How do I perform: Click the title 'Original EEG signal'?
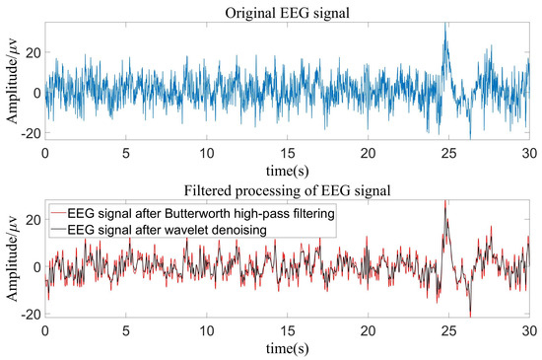tap(286, 11)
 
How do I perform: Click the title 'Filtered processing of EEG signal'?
tap(286, 187)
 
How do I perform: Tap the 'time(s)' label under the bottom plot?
tap(286, 348)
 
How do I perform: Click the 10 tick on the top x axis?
tap(206, 154)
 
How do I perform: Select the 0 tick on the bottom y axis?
tap(35, 267)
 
